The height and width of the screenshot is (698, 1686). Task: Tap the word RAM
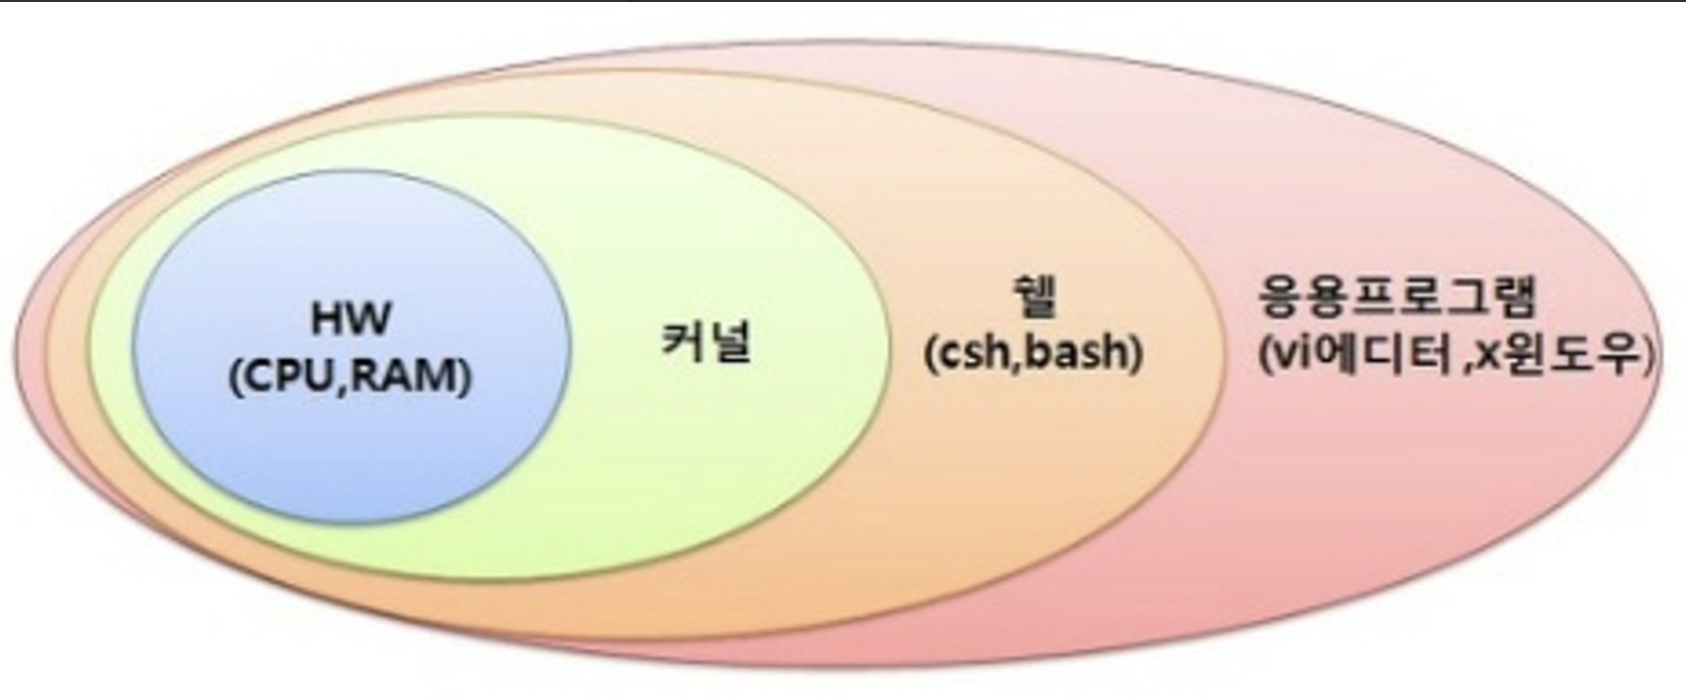point(406,378)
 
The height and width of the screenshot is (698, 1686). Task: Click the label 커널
point(706,341)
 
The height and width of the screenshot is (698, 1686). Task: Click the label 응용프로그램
point(1397,298)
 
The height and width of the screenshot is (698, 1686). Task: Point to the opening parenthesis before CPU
point(235,378)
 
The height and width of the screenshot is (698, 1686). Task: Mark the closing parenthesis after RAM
point(465,378)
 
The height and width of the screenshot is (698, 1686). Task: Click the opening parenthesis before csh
point(931,353)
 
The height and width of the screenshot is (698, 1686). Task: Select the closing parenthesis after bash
point(1136,353)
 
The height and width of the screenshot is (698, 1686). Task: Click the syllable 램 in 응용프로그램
point(1512,298)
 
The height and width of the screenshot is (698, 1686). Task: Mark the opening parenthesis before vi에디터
point(1267,358)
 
